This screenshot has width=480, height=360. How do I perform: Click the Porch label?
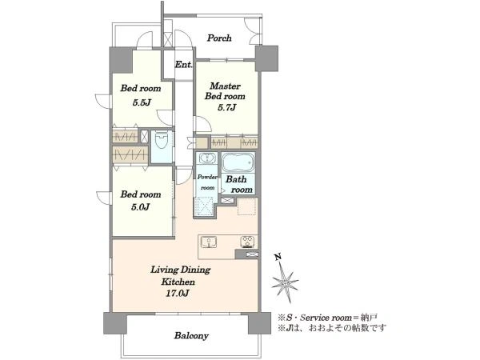[x=219, y=38]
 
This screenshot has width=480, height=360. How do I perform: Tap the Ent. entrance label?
[x=184, y=65]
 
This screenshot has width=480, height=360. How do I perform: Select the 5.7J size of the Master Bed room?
[x=226, y=107]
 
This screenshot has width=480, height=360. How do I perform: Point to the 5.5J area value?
[x=142, y=102]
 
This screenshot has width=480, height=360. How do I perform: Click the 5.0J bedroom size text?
[x=140, y=207]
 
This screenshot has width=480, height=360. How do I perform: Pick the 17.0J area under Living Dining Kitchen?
[x=178, y=294]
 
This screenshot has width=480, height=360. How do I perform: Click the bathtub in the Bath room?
[x=238, y=162]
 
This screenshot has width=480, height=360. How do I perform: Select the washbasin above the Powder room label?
[x=207, y=158]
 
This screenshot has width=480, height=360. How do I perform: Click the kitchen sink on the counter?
[x=209, y=242]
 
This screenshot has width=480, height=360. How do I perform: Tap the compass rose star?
[x=285, y=282]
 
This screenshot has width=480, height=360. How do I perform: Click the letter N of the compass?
[x=278, y=258]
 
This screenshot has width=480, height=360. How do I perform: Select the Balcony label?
[x=191, y=335]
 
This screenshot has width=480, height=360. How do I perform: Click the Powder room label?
[x=207, y=182]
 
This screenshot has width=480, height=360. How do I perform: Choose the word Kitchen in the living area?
[x=178, y=282]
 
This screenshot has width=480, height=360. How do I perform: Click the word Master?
[x=225, y=86]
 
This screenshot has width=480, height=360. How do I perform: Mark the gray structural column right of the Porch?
[x=266, y=58]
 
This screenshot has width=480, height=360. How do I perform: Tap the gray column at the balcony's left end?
[x=115, y=323]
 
